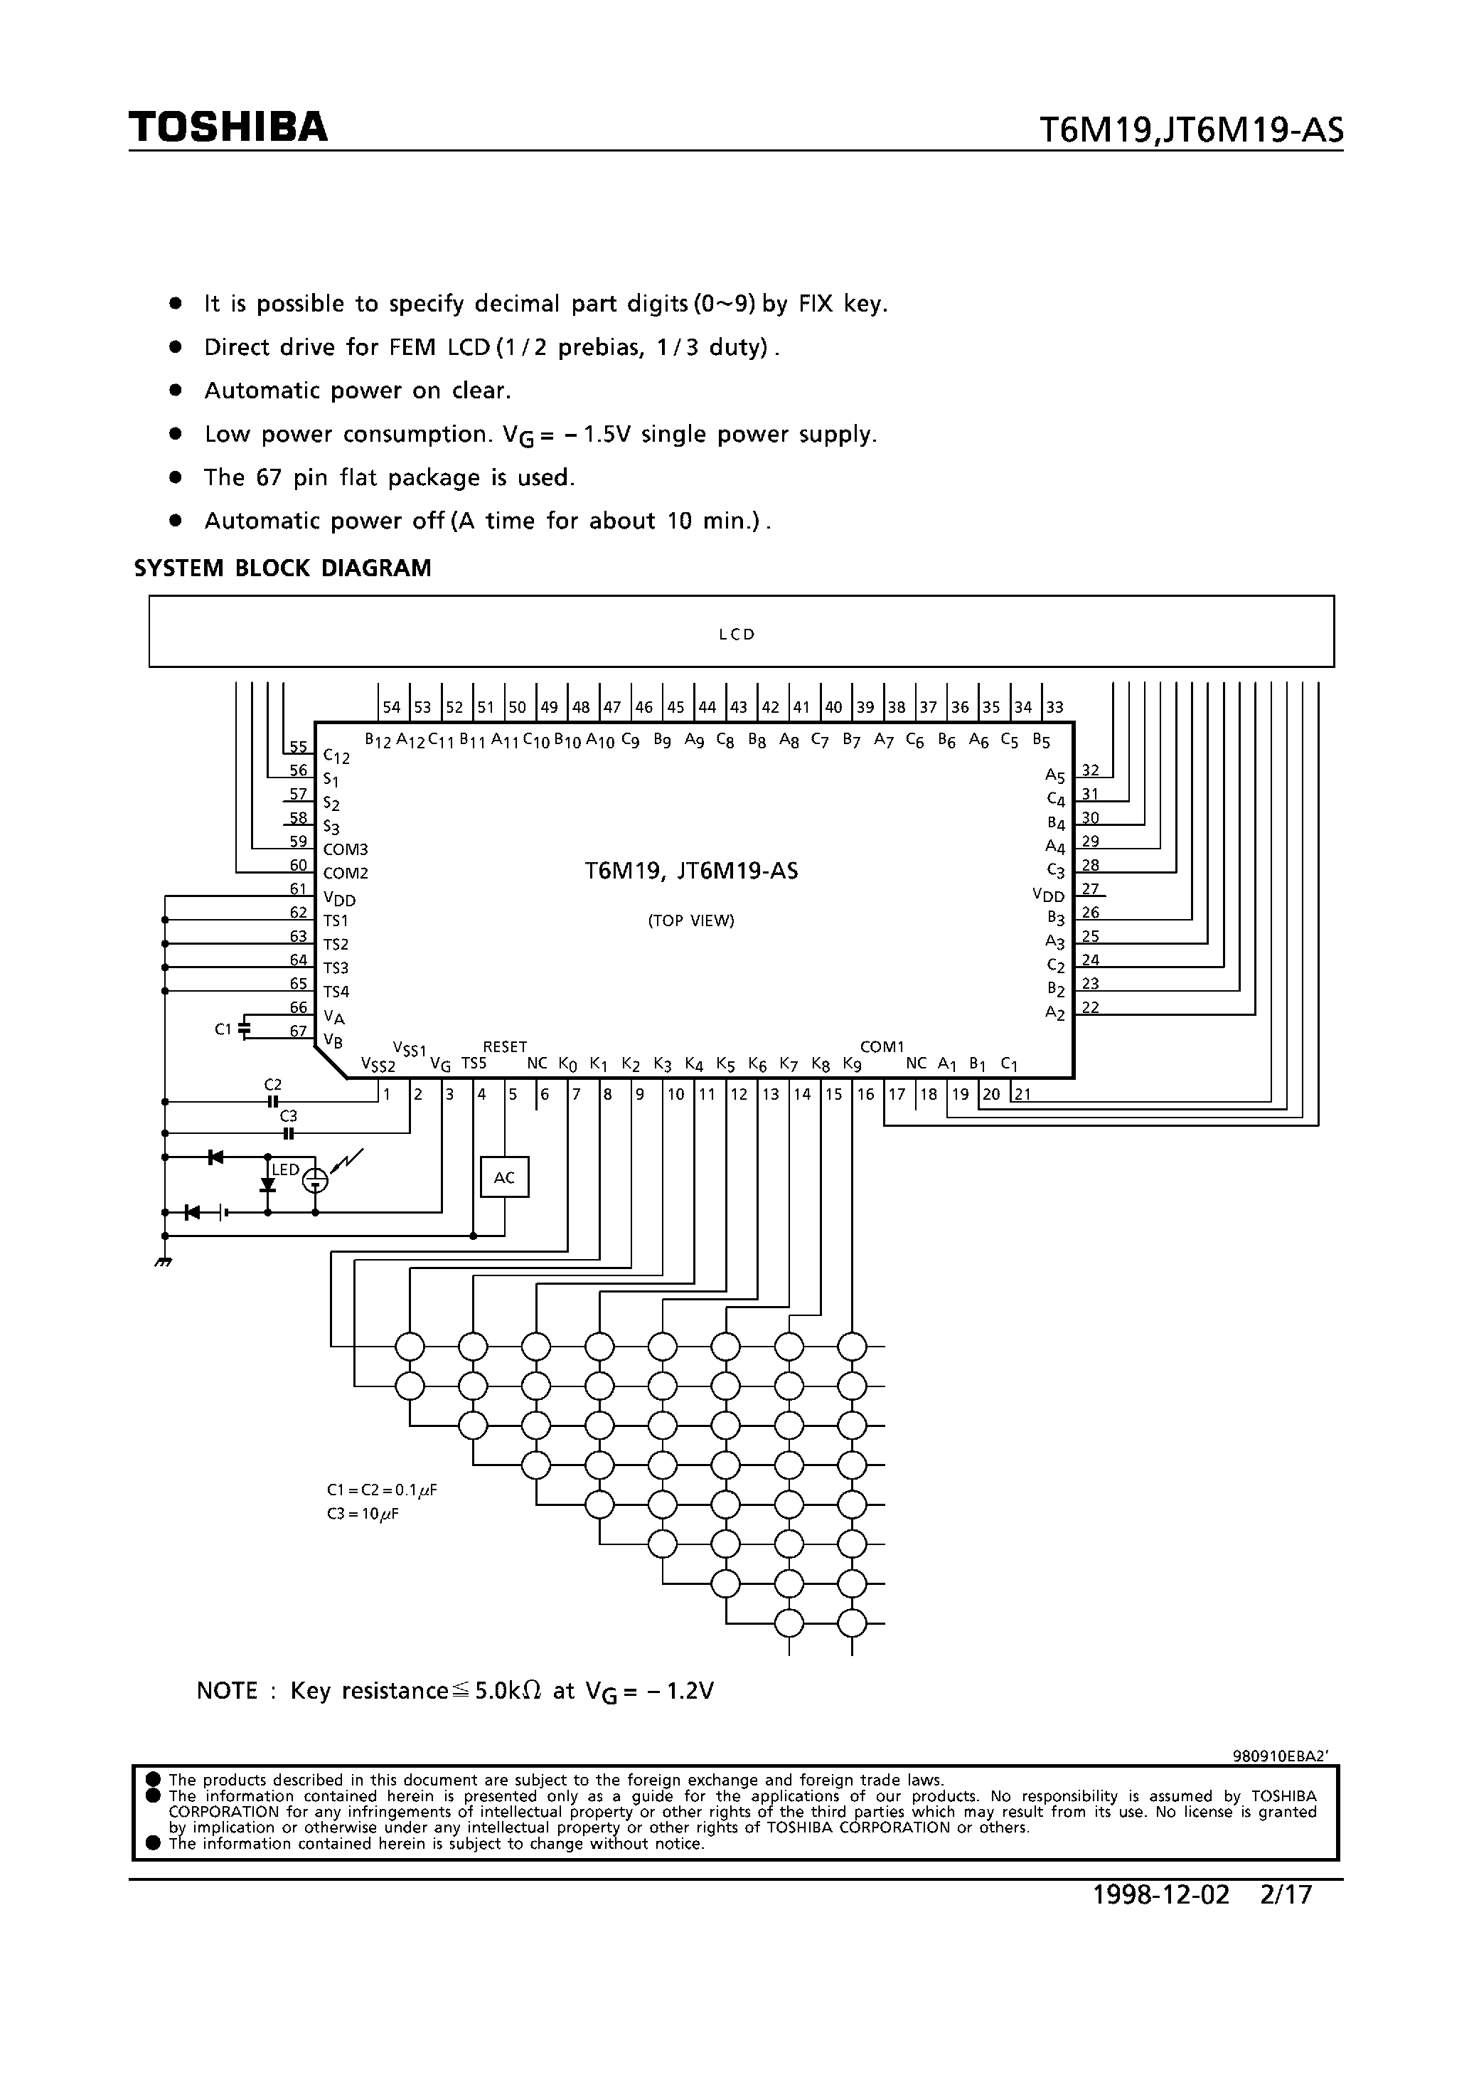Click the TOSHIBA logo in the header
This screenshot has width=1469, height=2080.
228,128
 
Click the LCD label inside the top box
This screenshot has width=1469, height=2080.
737,634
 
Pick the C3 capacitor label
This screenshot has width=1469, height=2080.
288,1116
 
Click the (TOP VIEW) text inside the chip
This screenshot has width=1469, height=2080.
691,920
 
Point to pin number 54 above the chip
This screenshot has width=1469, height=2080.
391,708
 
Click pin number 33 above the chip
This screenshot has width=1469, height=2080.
1054,708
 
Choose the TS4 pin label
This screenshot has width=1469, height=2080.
336,992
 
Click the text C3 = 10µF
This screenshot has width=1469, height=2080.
363,1514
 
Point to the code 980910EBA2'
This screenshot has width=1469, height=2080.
1280,1755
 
